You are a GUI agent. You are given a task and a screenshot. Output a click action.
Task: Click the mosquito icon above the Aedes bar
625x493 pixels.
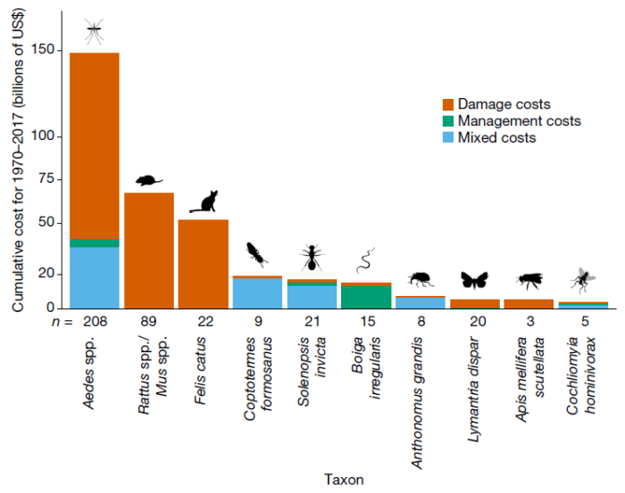pyautogui.click(x=95, y=32)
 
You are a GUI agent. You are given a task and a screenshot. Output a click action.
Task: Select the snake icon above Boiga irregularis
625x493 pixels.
pyautogui.click(x=366, y=260)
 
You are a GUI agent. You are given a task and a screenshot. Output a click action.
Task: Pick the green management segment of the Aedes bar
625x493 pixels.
pyautogui.click(x=95, y=242)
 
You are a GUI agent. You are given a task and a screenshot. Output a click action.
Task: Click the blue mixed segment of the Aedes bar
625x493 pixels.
pyautogui.click(x=95, y=276)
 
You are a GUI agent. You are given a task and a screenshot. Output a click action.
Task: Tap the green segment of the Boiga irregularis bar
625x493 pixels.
pyautogui.click(x=366, y=297)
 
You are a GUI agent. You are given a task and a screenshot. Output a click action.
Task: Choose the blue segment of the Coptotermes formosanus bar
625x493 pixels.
pyautogui.click(x=257, y=293)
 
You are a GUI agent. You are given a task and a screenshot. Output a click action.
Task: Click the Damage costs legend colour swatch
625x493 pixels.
pyautogui.click(x=448, y=104)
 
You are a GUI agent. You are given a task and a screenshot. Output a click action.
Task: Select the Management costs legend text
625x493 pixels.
pyautogui.click(x=519, y=121)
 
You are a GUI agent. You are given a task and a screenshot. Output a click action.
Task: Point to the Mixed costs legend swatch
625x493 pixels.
pyautogui.click(x=448, y=137)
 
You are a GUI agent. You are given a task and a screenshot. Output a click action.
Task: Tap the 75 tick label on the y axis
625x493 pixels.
pyautogui.click(x=49, y=179)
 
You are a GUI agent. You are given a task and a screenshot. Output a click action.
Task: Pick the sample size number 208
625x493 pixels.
pyautogui.click(x=95, y=319)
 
